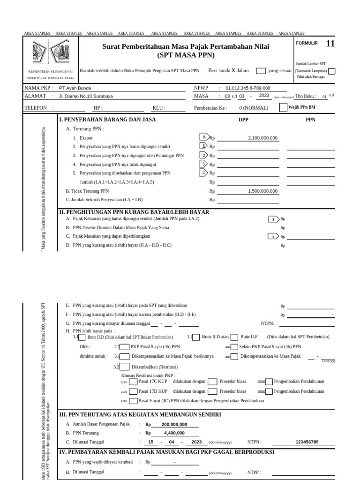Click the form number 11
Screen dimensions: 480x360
click(x=330, y=44)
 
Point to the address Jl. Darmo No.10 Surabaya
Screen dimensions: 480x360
click(x=86, y=96)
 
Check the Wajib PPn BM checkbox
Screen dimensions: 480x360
click(x=283, y=107)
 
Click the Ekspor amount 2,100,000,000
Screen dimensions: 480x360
click(x=262, y=138)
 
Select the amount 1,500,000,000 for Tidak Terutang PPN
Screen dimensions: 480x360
click(x=262, y=191)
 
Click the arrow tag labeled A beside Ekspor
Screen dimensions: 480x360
click(x=204, y=137)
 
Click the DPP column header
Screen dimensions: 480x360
click(x=244, y=120)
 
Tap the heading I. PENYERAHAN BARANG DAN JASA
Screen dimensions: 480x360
click(x=107, y=120)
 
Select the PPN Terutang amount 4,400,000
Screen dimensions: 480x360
click(x=174, y=433)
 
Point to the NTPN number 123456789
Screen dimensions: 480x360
click(x=307, y=442)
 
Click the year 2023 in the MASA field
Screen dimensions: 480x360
click(x=264, y=96)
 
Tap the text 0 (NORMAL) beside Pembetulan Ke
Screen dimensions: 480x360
click(x=254, y=108)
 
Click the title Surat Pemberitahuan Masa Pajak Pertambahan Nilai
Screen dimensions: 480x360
click(x=186, y=47)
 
